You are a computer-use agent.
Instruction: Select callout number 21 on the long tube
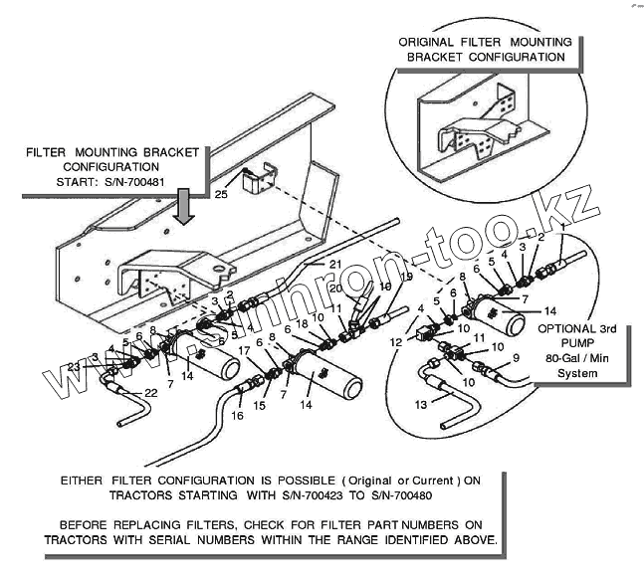(x=334, y=263)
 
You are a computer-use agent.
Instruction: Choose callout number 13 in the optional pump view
(x=422, y=404)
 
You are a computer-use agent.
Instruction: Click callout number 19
(x=407, y=277)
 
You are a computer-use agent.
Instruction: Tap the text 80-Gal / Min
(x=579, y=359)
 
